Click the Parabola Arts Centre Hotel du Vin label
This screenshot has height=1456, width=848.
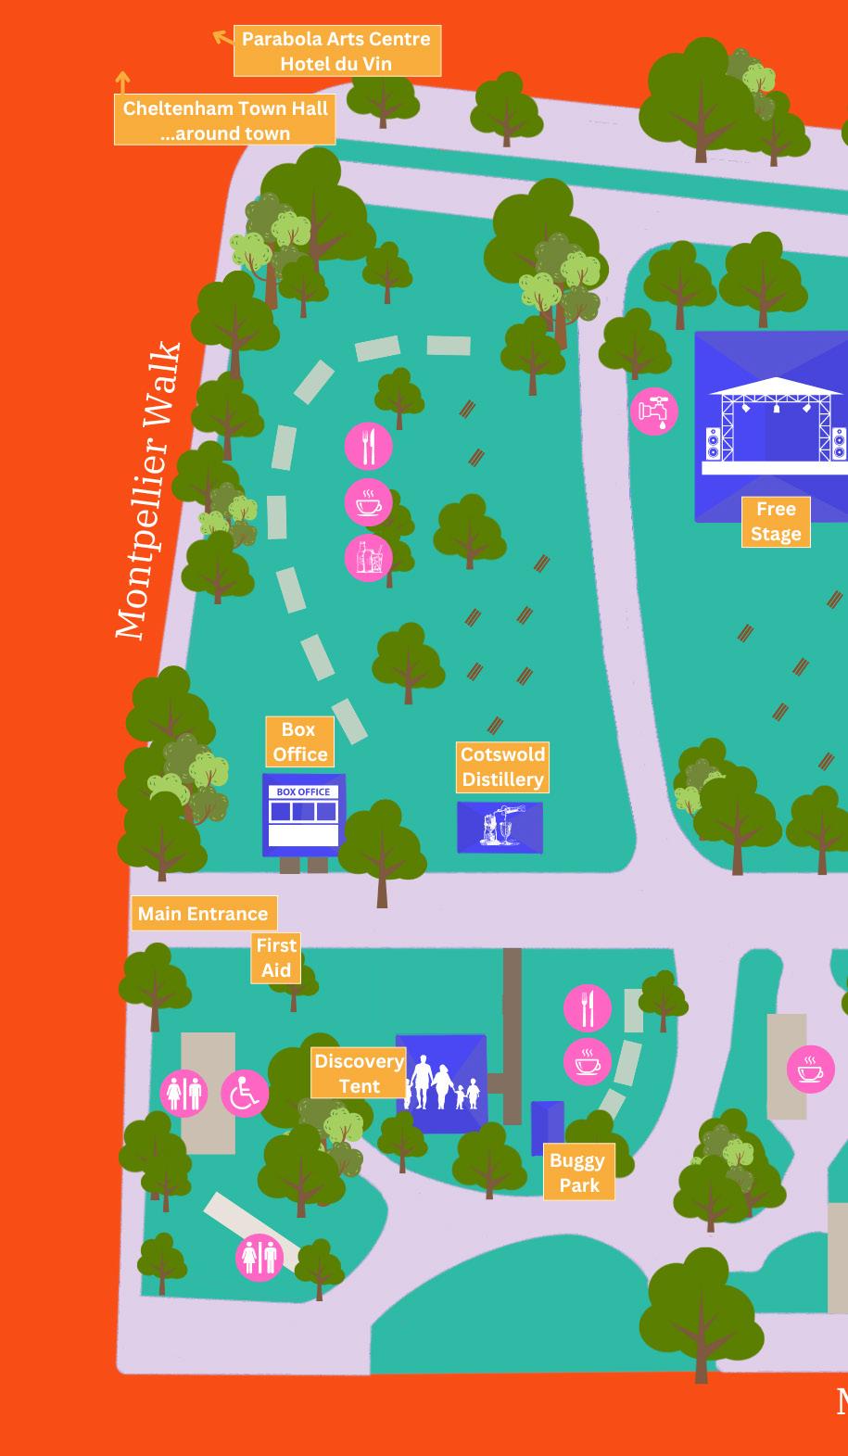click(336, 51)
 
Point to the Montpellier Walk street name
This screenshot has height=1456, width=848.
click(148, 491)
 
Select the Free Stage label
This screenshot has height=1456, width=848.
click(776, 521)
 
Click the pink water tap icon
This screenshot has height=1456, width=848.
click(654, 411)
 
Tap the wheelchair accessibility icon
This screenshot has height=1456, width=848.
click(245, 1093)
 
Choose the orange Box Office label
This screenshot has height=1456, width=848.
click(299, 741)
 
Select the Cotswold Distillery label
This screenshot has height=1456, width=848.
click(502, 766)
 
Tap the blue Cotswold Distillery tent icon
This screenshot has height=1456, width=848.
click(500, 827)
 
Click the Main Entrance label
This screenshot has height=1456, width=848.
click(203, 914)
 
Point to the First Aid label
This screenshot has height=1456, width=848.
click(275, 957)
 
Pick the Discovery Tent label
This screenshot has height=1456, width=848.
click(359, 1073)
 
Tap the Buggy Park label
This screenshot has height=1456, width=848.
click(578, 1172)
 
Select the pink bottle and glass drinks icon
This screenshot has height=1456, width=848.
click(369, 558)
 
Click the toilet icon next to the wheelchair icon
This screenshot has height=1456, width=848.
click(184, 1093)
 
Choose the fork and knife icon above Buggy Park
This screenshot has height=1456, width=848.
click(588, 1007)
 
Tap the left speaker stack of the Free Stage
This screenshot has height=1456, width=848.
click(713, 443)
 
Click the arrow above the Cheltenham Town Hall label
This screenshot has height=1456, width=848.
click(122, 82)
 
